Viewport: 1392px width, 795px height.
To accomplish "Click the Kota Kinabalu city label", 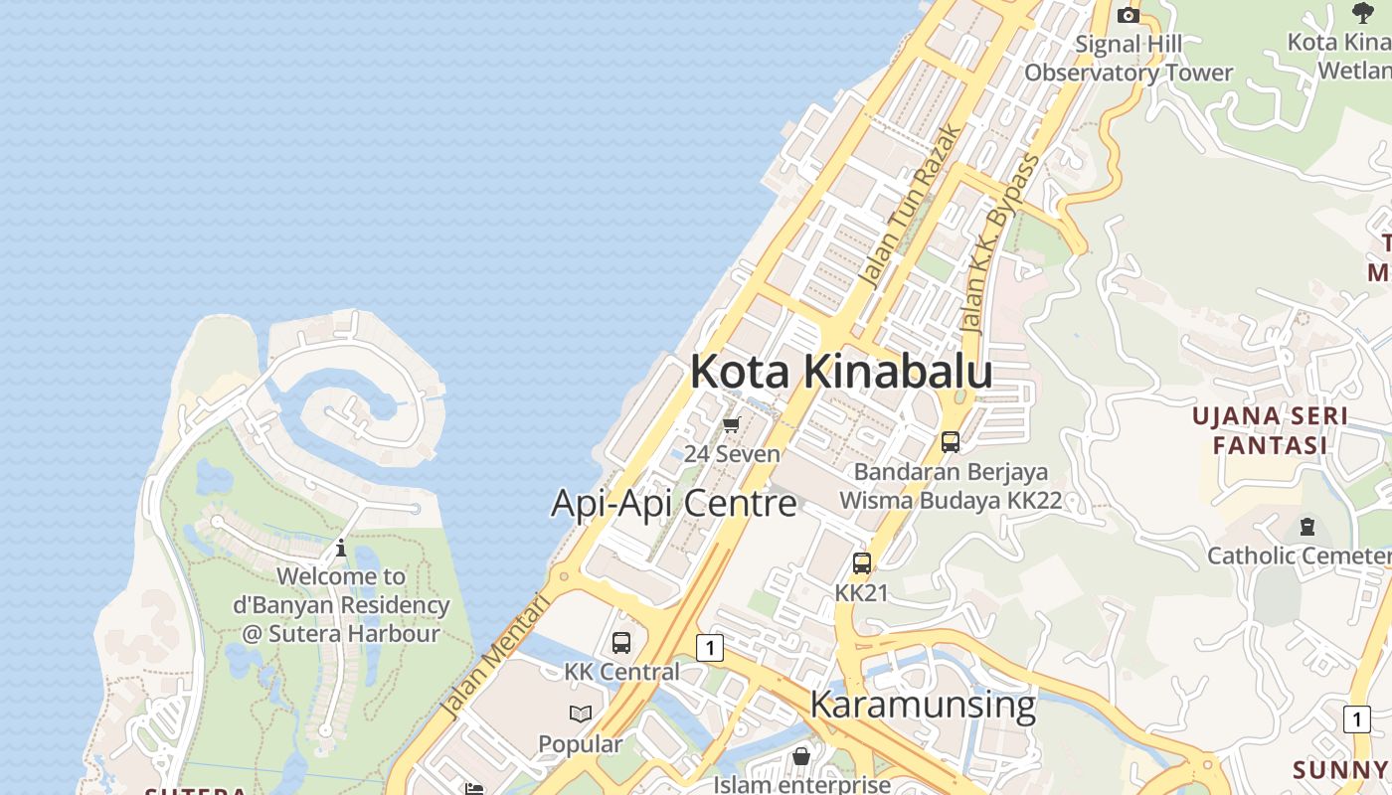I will [841, 372].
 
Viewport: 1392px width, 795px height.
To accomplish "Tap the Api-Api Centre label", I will [673, 504].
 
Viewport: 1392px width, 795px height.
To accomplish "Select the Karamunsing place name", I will [923, 705].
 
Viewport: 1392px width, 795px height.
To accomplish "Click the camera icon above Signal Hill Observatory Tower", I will [1128, 15].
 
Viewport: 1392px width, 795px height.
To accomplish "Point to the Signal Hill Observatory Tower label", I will [1129, 59].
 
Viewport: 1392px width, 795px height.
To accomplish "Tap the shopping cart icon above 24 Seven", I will [731, 425].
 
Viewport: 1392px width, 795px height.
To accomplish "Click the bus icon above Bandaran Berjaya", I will [951, 442].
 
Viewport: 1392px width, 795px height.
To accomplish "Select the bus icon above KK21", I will [862, 563].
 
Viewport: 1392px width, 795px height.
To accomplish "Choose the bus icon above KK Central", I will [621, 643].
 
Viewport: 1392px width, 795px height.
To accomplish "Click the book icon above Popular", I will [581, 715].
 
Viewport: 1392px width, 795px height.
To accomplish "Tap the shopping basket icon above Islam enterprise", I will [801, 756].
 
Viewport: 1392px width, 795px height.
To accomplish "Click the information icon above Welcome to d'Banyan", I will [341, 548].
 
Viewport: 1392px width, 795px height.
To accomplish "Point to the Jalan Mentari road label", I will [495, 656].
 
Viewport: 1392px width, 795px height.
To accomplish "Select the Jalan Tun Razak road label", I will [912, 206].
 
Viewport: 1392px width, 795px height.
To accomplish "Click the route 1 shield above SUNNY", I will [1356, 719].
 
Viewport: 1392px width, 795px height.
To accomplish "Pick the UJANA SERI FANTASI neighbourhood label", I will [1270, 430].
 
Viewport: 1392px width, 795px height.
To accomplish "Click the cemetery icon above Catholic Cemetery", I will [1307, 527].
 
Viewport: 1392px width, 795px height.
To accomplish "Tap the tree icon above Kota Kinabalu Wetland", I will [1363, 13].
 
